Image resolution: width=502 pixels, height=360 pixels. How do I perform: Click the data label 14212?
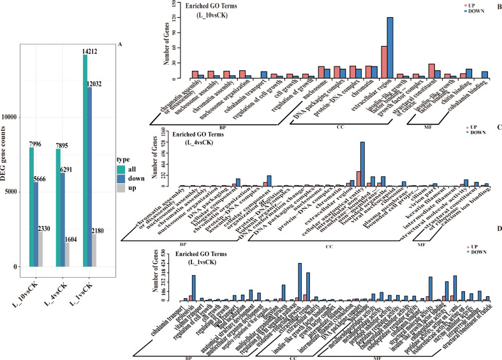click(x=90, y=50)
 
